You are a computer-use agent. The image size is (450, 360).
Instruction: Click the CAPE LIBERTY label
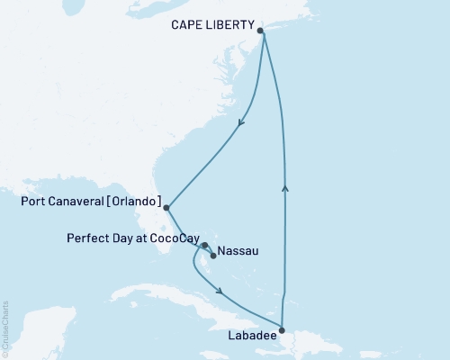click(x=211, y=26)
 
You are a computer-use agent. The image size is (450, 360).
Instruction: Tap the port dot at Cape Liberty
click(x=261, y=31)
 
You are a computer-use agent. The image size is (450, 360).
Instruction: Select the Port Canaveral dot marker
click(x=166, y=208)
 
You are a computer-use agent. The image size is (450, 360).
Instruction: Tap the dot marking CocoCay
click(x=205, y=245)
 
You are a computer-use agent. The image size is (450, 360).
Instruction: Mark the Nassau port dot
click(x=213, y=254)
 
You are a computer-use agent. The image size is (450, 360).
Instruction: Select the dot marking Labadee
click(x=282, y=328)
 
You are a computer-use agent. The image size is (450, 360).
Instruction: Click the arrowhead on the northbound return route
click(x=285, y=187)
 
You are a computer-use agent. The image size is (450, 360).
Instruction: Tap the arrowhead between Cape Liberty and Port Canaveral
click(x=239, y=128)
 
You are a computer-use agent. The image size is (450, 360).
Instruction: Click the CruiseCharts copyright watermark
click(x=6, y=328)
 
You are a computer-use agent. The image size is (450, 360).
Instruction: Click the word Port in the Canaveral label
click(x=36, y=202)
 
